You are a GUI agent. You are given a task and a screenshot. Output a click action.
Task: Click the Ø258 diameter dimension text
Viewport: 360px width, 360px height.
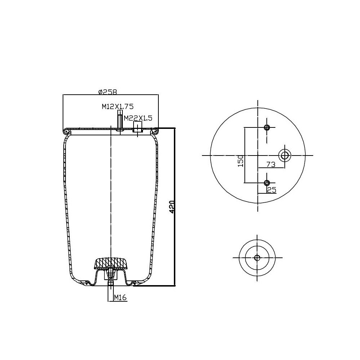(x=108, y=92)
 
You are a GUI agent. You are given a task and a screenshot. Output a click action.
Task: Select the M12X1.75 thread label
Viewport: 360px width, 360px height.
(x=117, y=106)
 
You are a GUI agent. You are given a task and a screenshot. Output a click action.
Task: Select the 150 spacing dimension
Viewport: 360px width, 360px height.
(x=240, y=161)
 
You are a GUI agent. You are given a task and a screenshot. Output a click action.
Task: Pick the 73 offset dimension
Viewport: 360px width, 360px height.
(x=271, y=165)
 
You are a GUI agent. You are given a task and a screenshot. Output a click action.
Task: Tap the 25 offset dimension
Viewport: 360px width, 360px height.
(x=271, y=190)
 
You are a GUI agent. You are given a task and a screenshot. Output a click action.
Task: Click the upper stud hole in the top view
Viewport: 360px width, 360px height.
(x=267, y=127)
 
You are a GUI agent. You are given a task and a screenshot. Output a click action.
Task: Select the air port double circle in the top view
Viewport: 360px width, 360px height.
(x=285, y=155)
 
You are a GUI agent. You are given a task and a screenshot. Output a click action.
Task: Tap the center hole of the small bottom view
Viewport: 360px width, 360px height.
(x=257, y=258)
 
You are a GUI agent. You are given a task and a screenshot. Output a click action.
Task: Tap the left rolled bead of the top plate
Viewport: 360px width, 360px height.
(x=66, y=130)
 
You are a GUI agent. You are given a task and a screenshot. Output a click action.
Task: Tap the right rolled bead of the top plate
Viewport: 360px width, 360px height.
(x=156, y=130)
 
